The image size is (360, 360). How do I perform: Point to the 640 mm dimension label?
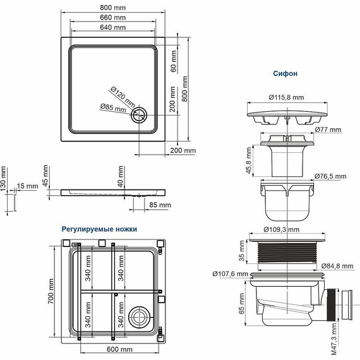coord(111,28)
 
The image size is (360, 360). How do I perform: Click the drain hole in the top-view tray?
coord(139,115)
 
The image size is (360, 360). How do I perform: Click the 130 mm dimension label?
coord(4,179)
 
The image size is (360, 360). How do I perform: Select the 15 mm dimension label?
coord(28,186)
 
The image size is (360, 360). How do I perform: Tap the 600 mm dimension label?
coord(118,349)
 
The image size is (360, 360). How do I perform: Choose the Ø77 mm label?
coord(328,129)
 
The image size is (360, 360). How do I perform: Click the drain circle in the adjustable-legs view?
coord(139,316)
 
